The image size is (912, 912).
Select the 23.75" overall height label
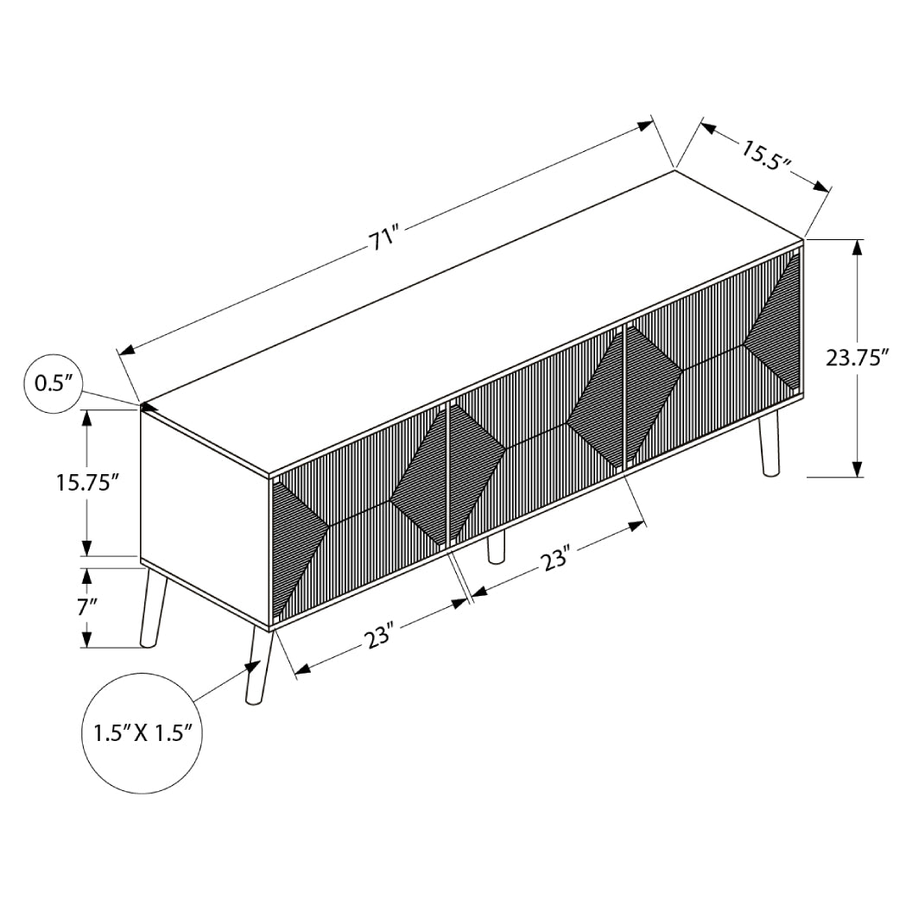coord(857,357)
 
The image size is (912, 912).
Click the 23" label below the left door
coord(378,638)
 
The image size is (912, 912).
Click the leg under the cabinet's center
coord(496,548)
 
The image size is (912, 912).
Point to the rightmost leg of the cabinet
coord(767,443)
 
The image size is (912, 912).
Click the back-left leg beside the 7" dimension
coord(152,611)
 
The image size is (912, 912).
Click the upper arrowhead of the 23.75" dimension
coord(857,248)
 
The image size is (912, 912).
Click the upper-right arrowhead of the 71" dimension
coord(644,125)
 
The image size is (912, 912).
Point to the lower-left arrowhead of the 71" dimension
coord(126,349)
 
